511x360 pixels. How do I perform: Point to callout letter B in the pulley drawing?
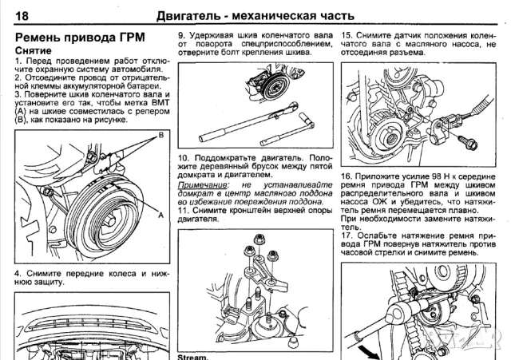pos(160,136)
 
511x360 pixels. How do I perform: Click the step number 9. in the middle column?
pos(182,36)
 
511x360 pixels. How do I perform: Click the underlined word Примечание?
pos(200,184)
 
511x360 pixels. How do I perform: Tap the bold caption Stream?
pos(192,357)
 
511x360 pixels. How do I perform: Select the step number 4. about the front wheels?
pos(19,274)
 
